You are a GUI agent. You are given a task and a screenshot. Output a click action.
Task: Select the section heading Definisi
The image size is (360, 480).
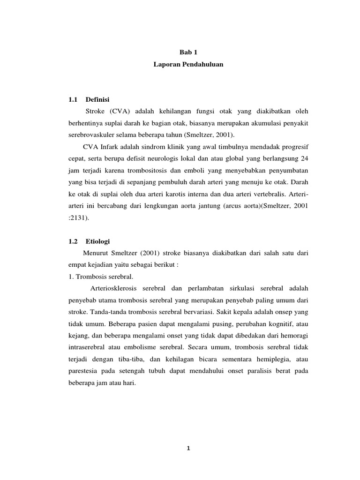(98, 100)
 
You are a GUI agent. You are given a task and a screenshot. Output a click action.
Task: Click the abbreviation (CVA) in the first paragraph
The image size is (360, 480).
(120, 112)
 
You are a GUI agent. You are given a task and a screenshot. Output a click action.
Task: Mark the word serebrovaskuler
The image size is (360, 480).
(90, 135)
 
